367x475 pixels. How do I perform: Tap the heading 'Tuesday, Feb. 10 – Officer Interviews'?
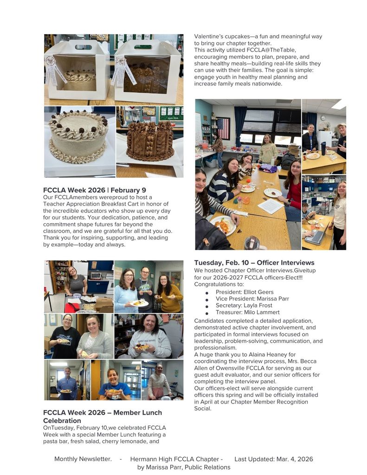click(254, 263)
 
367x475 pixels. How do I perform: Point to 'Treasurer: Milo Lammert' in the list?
click(248, 313)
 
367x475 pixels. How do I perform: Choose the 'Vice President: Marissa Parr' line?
click(252, 299)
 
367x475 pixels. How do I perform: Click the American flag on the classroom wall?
click(223, 128)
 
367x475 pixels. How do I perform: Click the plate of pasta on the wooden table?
click(223, 225)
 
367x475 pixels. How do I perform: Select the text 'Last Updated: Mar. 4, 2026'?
click(274, 459)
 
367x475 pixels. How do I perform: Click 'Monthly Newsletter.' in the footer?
click(83, 459)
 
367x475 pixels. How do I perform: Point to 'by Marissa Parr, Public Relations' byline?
click(184, 467)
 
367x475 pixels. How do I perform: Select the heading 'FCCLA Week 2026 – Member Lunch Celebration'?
click(103, 417)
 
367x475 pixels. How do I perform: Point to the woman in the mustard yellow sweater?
click(168, 292)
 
